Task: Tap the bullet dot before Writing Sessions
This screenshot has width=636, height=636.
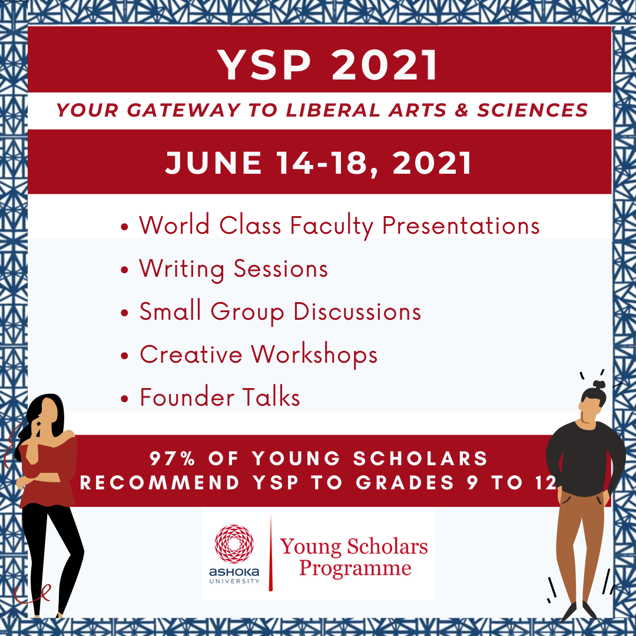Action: click(x=124, y=270)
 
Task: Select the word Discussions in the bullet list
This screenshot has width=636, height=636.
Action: click(x=357, y=312)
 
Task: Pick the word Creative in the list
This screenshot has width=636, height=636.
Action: click(x=191, y=355)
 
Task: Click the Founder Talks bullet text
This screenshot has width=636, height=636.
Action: click(x=220, y=397)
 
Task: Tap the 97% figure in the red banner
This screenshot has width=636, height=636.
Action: click(x=173, y=458)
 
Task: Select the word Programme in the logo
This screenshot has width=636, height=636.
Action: click(x=355, y=569)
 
